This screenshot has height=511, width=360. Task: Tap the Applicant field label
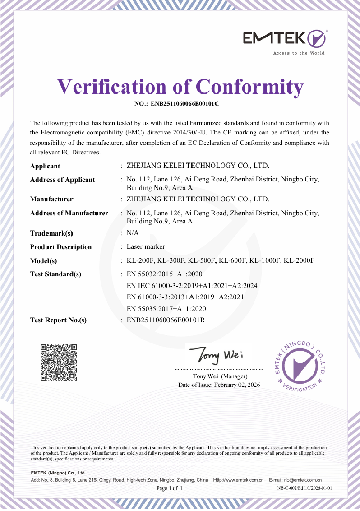45,166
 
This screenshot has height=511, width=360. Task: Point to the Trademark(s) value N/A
132,233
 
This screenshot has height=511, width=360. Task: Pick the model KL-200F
140,261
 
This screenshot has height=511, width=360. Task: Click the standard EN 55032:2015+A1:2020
164,274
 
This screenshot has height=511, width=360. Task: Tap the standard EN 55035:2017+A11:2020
166,309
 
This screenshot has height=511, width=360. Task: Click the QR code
59,364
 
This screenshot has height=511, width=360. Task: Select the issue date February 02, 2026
237,385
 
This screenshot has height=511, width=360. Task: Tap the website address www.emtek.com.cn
241,480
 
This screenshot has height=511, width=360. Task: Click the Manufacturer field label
52,199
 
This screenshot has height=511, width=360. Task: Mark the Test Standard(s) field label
56,274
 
